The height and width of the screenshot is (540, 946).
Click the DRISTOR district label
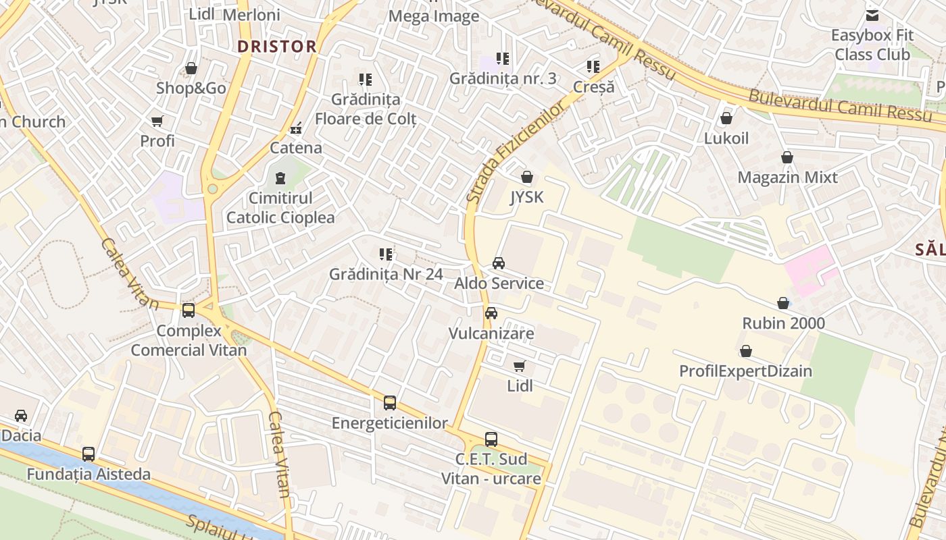click(x=277, y=47)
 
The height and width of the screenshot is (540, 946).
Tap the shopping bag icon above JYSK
click(x=527, y=178)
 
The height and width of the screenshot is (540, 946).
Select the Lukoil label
click(x=726, y=138)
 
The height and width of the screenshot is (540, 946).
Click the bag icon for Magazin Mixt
click(x=787, y=158)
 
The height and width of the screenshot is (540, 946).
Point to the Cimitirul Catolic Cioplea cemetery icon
click(x=280, y=179)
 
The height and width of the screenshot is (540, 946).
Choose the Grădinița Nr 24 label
click(x=386, y=274)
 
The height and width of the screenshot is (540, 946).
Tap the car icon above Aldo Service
click(x=499, y=263)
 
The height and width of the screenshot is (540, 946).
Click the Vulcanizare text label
click(x=491, y=333)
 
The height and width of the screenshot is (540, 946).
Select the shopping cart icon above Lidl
click(x=520, y=367)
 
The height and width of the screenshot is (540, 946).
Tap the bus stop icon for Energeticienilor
click(x=390, y=403)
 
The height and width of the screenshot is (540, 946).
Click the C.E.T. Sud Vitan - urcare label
click(x=491, y=469)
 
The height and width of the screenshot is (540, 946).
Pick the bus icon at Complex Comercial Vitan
click(x=189, y=310)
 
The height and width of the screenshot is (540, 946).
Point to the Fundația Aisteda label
click(x=89, y=475)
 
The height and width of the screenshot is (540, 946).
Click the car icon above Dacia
click(x=21, y=416)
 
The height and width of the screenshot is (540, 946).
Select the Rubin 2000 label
click(x=783, y=323)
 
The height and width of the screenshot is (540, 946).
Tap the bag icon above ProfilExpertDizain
click(x=746, y=352)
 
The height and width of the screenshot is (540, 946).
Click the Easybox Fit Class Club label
click(x=872, y=45)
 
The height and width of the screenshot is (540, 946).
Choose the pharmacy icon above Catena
click(x=296, y=128)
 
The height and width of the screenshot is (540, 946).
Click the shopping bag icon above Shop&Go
click(x=191, y=69)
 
